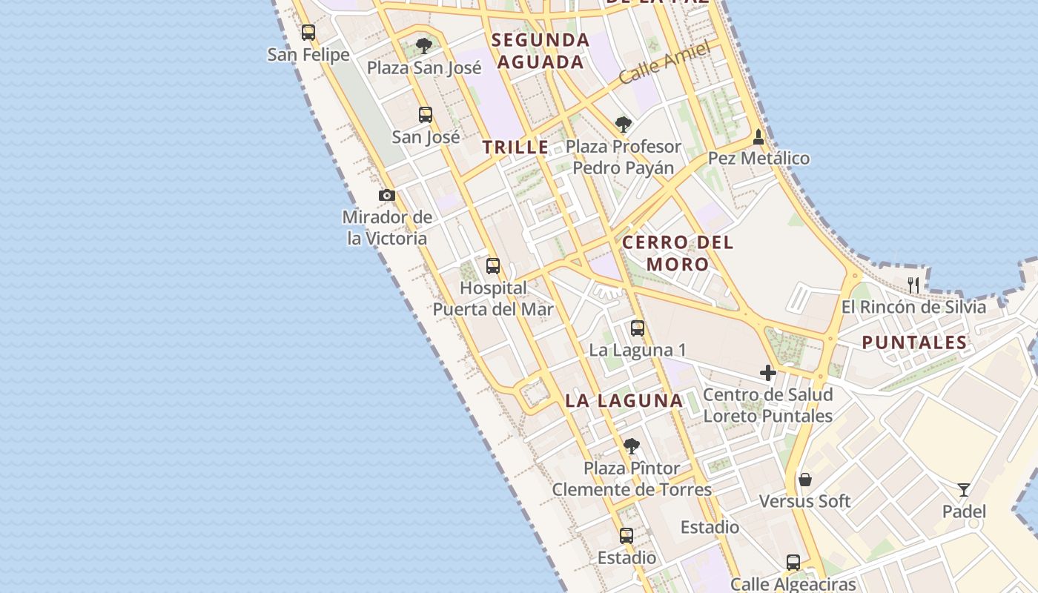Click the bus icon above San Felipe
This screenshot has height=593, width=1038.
tap(308, 33)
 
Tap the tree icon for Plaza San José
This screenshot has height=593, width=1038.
tap(424, 46)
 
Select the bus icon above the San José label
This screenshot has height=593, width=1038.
tap(426, 115)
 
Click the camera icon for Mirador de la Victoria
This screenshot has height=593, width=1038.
tap(387, 196)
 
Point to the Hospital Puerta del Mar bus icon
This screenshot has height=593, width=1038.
tap(493, 266)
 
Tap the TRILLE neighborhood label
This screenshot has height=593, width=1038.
tap(516, 148)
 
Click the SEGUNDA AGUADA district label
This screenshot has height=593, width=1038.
tap(541, 50)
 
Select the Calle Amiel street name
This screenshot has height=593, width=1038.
tap(664, 63)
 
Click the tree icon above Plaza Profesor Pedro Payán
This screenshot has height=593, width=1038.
tap(624, 124)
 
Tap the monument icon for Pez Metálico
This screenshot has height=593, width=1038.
tap(758, 137)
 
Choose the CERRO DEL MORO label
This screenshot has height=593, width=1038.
tap(678, 253)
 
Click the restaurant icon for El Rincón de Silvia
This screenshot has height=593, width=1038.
tap(913, 285)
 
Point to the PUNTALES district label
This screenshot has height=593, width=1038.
tap(915, 342)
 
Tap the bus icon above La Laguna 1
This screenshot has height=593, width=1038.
tap(638, 328)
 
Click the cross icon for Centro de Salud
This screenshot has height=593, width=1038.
tap(768, 373)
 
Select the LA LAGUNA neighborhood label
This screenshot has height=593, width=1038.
tap(624, 401)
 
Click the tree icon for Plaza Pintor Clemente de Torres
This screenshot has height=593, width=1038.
tap(632, 446)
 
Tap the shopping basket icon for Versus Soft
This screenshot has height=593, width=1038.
tap(805, 480)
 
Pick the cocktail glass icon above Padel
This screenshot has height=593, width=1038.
tap(964, 490)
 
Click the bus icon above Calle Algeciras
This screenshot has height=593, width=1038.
tap(793, 563)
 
